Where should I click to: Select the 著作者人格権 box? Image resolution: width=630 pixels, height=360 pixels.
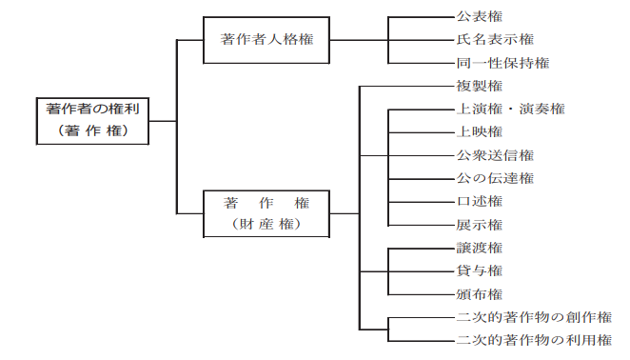pos(267,41)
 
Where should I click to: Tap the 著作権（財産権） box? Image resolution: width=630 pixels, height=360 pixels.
pos(267,213)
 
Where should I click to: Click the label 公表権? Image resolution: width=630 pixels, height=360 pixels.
pos(480,16)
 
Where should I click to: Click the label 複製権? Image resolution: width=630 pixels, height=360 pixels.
pos(480,86)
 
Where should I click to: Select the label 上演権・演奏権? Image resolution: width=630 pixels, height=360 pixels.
pos(510,109)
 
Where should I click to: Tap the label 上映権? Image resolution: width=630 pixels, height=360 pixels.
pos(480,131)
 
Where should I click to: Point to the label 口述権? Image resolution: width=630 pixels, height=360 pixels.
pos(480,201)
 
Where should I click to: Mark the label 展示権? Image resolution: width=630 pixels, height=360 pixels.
pos(480,225)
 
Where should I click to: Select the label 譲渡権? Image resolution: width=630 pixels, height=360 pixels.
pos(480,248)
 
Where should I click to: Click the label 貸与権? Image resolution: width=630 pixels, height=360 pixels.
pos(480,270)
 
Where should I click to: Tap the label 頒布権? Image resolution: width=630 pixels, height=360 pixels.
pos(480,293)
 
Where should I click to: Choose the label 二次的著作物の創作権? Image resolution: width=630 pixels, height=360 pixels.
pos(533,317)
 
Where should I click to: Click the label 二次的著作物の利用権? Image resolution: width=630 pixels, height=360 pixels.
pos(533,340)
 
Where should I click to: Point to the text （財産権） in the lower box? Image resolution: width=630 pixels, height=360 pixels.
pos(267,225)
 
